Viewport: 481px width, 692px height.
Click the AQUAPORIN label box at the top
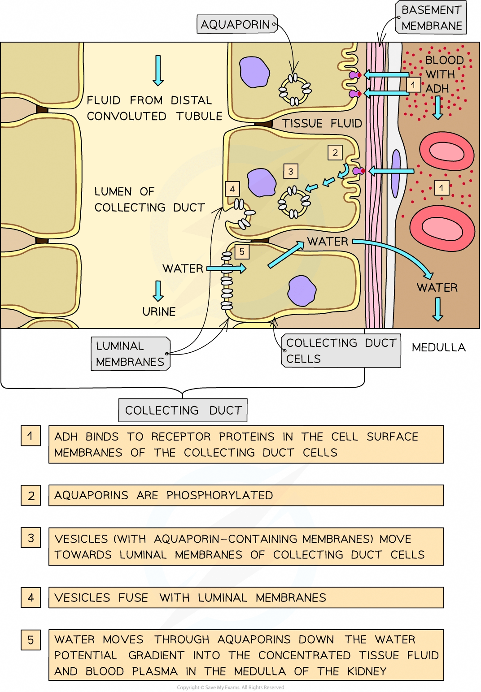pyautogui.click(x=236, y=24)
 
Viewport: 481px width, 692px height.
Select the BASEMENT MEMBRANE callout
pyautogui.click(x=431, y=18)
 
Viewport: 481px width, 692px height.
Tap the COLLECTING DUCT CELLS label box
pyautogui.click(x=341, y=350)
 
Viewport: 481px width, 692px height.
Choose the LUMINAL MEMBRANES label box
pyautogui.click(x=130, y=354)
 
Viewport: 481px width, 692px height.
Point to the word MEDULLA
pyautogui.click(x=438, y=347)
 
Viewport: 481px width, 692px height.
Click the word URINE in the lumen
pyautogui.click(x=159, y=311)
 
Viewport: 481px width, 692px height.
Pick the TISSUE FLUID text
pyautogui.click(x=322, y=123)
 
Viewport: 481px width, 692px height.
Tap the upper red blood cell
pyautogui.click(x=446, y=152)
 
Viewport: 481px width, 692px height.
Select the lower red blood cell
pyautogui.click(x=442, y=228)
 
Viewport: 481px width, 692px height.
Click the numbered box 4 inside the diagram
pyautogui.click(x=232, y=189)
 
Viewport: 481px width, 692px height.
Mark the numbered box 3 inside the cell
pyautogui.click(x=291, y=171)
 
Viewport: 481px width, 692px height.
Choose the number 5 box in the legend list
pyautogui.click(x=31, y=640)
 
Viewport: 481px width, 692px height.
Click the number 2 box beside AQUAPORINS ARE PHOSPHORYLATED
pyautogui.click(x=31, y=496)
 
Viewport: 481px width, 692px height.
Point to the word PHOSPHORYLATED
pyautogui.click(x=219, y=495)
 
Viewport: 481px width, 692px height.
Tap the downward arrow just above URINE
pyautogui.click(x=158, y=291)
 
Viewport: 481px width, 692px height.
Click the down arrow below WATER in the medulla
pyautogui.click(x=437, y=309)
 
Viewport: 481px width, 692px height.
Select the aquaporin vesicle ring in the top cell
pyautogui.click(x=295, y=90)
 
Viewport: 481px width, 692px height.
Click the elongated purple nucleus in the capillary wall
pyautogui.click(x=396, y=173)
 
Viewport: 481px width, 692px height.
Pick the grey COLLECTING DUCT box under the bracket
pyautogui.click(x=183, y=410)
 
